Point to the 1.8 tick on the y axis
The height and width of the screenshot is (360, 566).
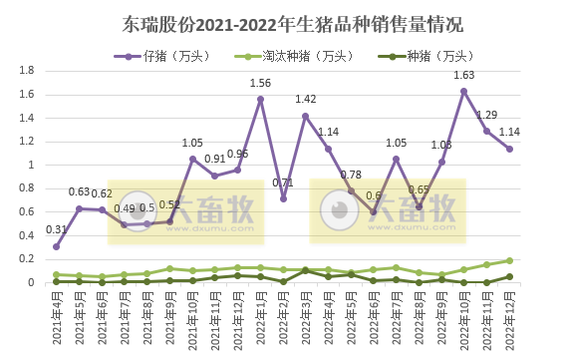28,71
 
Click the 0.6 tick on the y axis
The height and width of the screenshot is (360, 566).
28,212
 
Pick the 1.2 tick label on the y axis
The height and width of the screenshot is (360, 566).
28,142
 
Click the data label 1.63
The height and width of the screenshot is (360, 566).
464,75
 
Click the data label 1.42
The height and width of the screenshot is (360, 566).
306,100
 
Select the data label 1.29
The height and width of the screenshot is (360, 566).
487,115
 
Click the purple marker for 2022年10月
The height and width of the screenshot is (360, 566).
464,91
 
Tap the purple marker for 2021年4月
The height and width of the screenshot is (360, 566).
57,246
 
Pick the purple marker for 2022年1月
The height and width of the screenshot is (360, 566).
260,99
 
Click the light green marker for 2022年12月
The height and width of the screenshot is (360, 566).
509,260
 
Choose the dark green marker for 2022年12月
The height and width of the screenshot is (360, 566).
509,277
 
